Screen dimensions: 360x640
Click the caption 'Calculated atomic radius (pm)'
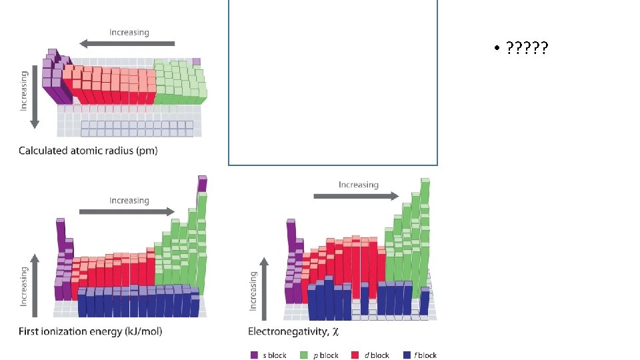click(88, 151)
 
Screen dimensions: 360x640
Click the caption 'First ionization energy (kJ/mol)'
click(90, 331)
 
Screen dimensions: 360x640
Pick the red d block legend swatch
click(355, 355)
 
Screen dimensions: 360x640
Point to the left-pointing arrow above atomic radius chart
click(127, 44)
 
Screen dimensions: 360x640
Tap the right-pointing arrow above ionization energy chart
click(127, 211)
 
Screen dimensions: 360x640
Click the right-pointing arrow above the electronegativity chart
click(357, 196)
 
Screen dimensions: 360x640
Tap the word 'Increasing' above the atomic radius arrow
click(129, 32)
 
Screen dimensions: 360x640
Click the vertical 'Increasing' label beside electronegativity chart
click(253, 291)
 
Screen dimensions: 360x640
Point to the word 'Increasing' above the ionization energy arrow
click(129, 200)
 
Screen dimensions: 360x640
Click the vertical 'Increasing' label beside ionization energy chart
click(24, 287)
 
